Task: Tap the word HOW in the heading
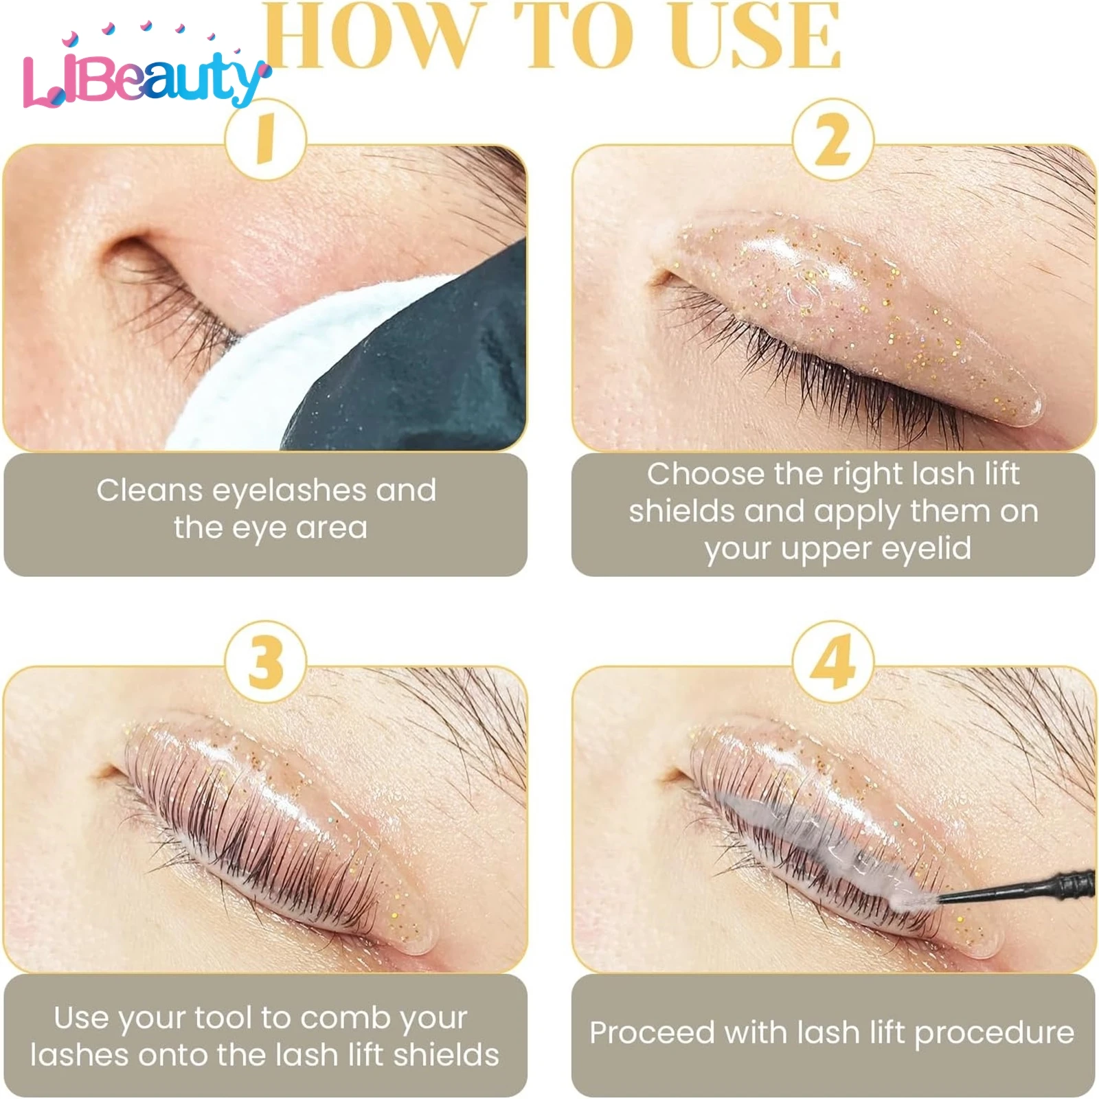371,38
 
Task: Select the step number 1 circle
265,139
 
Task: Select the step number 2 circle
832,139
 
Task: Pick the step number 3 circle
265,661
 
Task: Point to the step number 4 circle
832,661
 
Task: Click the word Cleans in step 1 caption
149,490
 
